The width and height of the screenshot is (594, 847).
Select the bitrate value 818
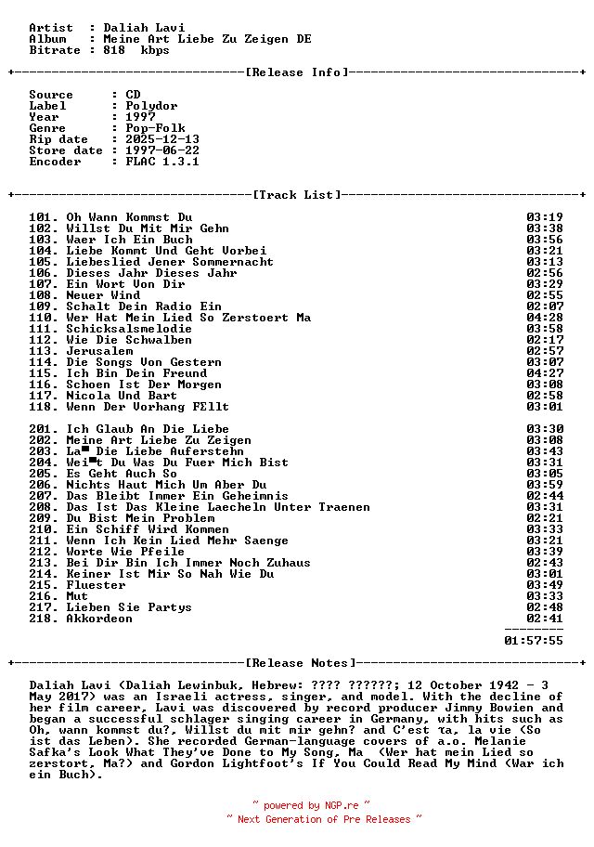point(114,50)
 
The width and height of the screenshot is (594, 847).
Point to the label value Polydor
point(151,106)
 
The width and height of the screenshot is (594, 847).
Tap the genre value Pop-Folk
point(155,128)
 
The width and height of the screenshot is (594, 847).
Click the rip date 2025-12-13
point(162,139)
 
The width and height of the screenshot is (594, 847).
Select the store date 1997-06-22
point(162,150)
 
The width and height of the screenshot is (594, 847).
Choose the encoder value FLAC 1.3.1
point(162,162)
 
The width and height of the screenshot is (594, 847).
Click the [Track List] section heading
point(296,195)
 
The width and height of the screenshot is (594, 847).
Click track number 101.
point(43,217)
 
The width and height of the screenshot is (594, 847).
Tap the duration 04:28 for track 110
point(545,318)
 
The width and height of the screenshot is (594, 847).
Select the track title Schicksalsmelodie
point(129,329)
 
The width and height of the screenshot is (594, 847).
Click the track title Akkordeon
point(99,619)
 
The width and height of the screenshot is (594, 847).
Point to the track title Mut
point(77,596)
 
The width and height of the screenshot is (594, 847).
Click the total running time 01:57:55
point(534,641)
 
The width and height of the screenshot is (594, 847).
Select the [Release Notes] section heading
point(300,663)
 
